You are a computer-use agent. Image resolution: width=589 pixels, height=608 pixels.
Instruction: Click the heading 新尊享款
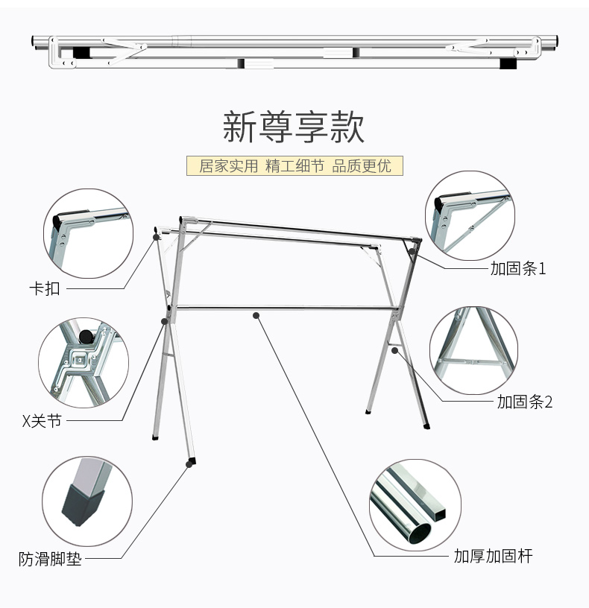tap(294, 127)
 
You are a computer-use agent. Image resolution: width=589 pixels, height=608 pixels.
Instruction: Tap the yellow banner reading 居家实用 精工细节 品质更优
tap(294, 165)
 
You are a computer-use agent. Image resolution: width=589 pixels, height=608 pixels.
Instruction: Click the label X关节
tap(41, 422)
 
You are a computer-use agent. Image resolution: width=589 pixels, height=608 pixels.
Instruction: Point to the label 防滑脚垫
tap(50, 558)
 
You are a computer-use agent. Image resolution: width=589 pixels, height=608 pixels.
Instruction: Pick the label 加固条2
tap(525, 402)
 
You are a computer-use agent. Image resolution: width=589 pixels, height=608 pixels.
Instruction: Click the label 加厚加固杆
tap(494, 556)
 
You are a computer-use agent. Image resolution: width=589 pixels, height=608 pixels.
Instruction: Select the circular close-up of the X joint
tap(84, 363)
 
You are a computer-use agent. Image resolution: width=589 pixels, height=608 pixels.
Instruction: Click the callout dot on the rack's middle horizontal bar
tap(256, 315)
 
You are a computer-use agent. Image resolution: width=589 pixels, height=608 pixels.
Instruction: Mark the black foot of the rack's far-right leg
tap(426, 426)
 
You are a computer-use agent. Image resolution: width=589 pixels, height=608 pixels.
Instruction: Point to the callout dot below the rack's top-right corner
tap(412, 252)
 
